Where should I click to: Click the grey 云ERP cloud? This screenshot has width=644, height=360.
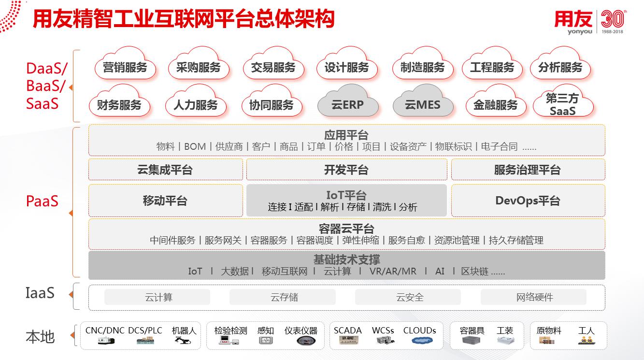pos(348,101)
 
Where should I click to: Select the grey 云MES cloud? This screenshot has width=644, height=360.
pos(423,101)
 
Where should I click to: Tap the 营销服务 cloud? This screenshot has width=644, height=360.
pos(125,64)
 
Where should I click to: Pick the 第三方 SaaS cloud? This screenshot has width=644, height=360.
pos(563,101)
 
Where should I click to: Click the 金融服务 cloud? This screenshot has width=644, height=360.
pos(496,101)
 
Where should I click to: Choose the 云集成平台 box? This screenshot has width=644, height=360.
pos(165,170)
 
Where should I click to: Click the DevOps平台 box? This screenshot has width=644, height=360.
pos(528,201)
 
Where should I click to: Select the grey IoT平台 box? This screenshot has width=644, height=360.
pos(346,201)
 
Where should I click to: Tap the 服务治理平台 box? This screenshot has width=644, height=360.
pos(528,170)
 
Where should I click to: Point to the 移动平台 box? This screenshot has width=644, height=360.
pos(165,201)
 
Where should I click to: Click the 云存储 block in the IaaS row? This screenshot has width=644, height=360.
pos(283,297)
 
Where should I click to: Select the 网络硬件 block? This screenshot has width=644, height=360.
pos(533,297)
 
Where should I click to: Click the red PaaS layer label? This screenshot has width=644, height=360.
pos(42,201)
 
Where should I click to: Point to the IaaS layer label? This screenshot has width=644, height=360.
pos(40,293)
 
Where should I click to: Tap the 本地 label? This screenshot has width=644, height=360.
pos(40,337)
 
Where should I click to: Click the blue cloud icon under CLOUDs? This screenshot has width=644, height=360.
pos(422,341)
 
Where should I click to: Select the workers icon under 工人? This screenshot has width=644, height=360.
pos(587,341)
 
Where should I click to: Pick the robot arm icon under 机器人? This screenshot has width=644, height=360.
pos(183,341)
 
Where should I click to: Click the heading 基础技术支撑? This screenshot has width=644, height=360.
pos(346,259)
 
